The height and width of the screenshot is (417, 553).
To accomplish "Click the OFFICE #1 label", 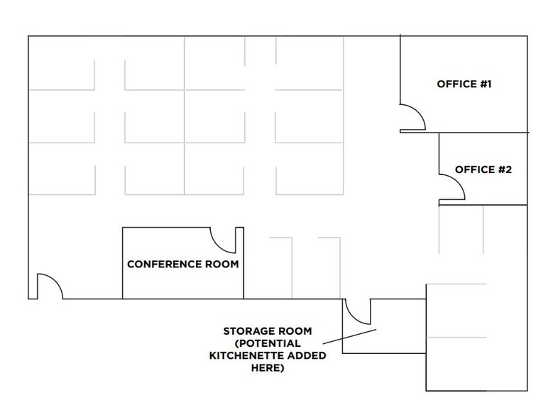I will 464,84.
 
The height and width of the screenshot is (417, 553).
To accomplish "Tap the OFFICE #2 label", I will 483,169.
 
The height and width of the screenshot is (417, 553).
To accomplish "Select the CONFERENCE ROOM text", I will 182,264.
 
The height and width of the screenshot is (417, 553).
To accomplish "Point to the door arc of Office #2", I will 453,188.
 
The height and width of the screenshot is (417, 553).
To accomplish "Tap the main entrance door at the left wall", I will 50,287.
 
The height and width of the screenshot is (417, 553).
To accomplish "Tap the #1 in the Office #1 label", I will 486,84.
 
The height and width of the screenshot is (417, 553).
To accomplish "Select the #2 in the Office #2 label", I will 505,169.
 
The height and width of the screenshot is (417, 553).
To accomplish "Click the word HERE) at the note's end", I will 268,368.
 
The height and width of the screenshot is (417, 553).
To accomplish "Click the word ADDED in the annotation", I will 306,356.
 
